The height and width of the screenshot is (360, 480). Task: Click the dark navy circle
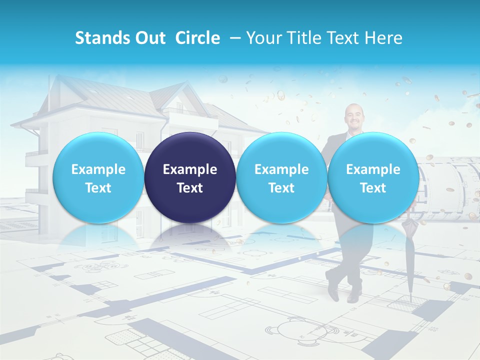(x=190, y=177)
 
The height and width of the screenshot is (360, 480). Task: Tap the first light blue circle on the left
(x=98, y=177)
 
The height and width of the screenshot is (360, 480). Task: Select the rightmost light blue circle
(x=373, y=177)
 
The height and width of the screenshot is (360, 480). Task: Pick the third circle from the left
(x=281, y=177)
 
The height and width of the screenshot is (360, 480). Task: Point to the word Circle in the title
(x=197, y=38)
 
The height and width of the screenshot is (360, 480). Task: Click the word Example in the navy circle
(x=190, y=169)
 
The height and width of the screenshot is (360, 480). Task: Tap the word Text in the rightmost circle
(x=373, y=188)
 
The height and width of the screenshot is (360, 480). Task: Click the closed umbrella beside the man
(x=409, y=255)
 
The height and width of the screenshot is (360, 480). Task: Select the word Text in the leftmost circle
(x=98, y=188)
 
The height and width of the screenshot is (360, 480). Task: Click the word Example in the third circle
(x=281, y=169)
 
